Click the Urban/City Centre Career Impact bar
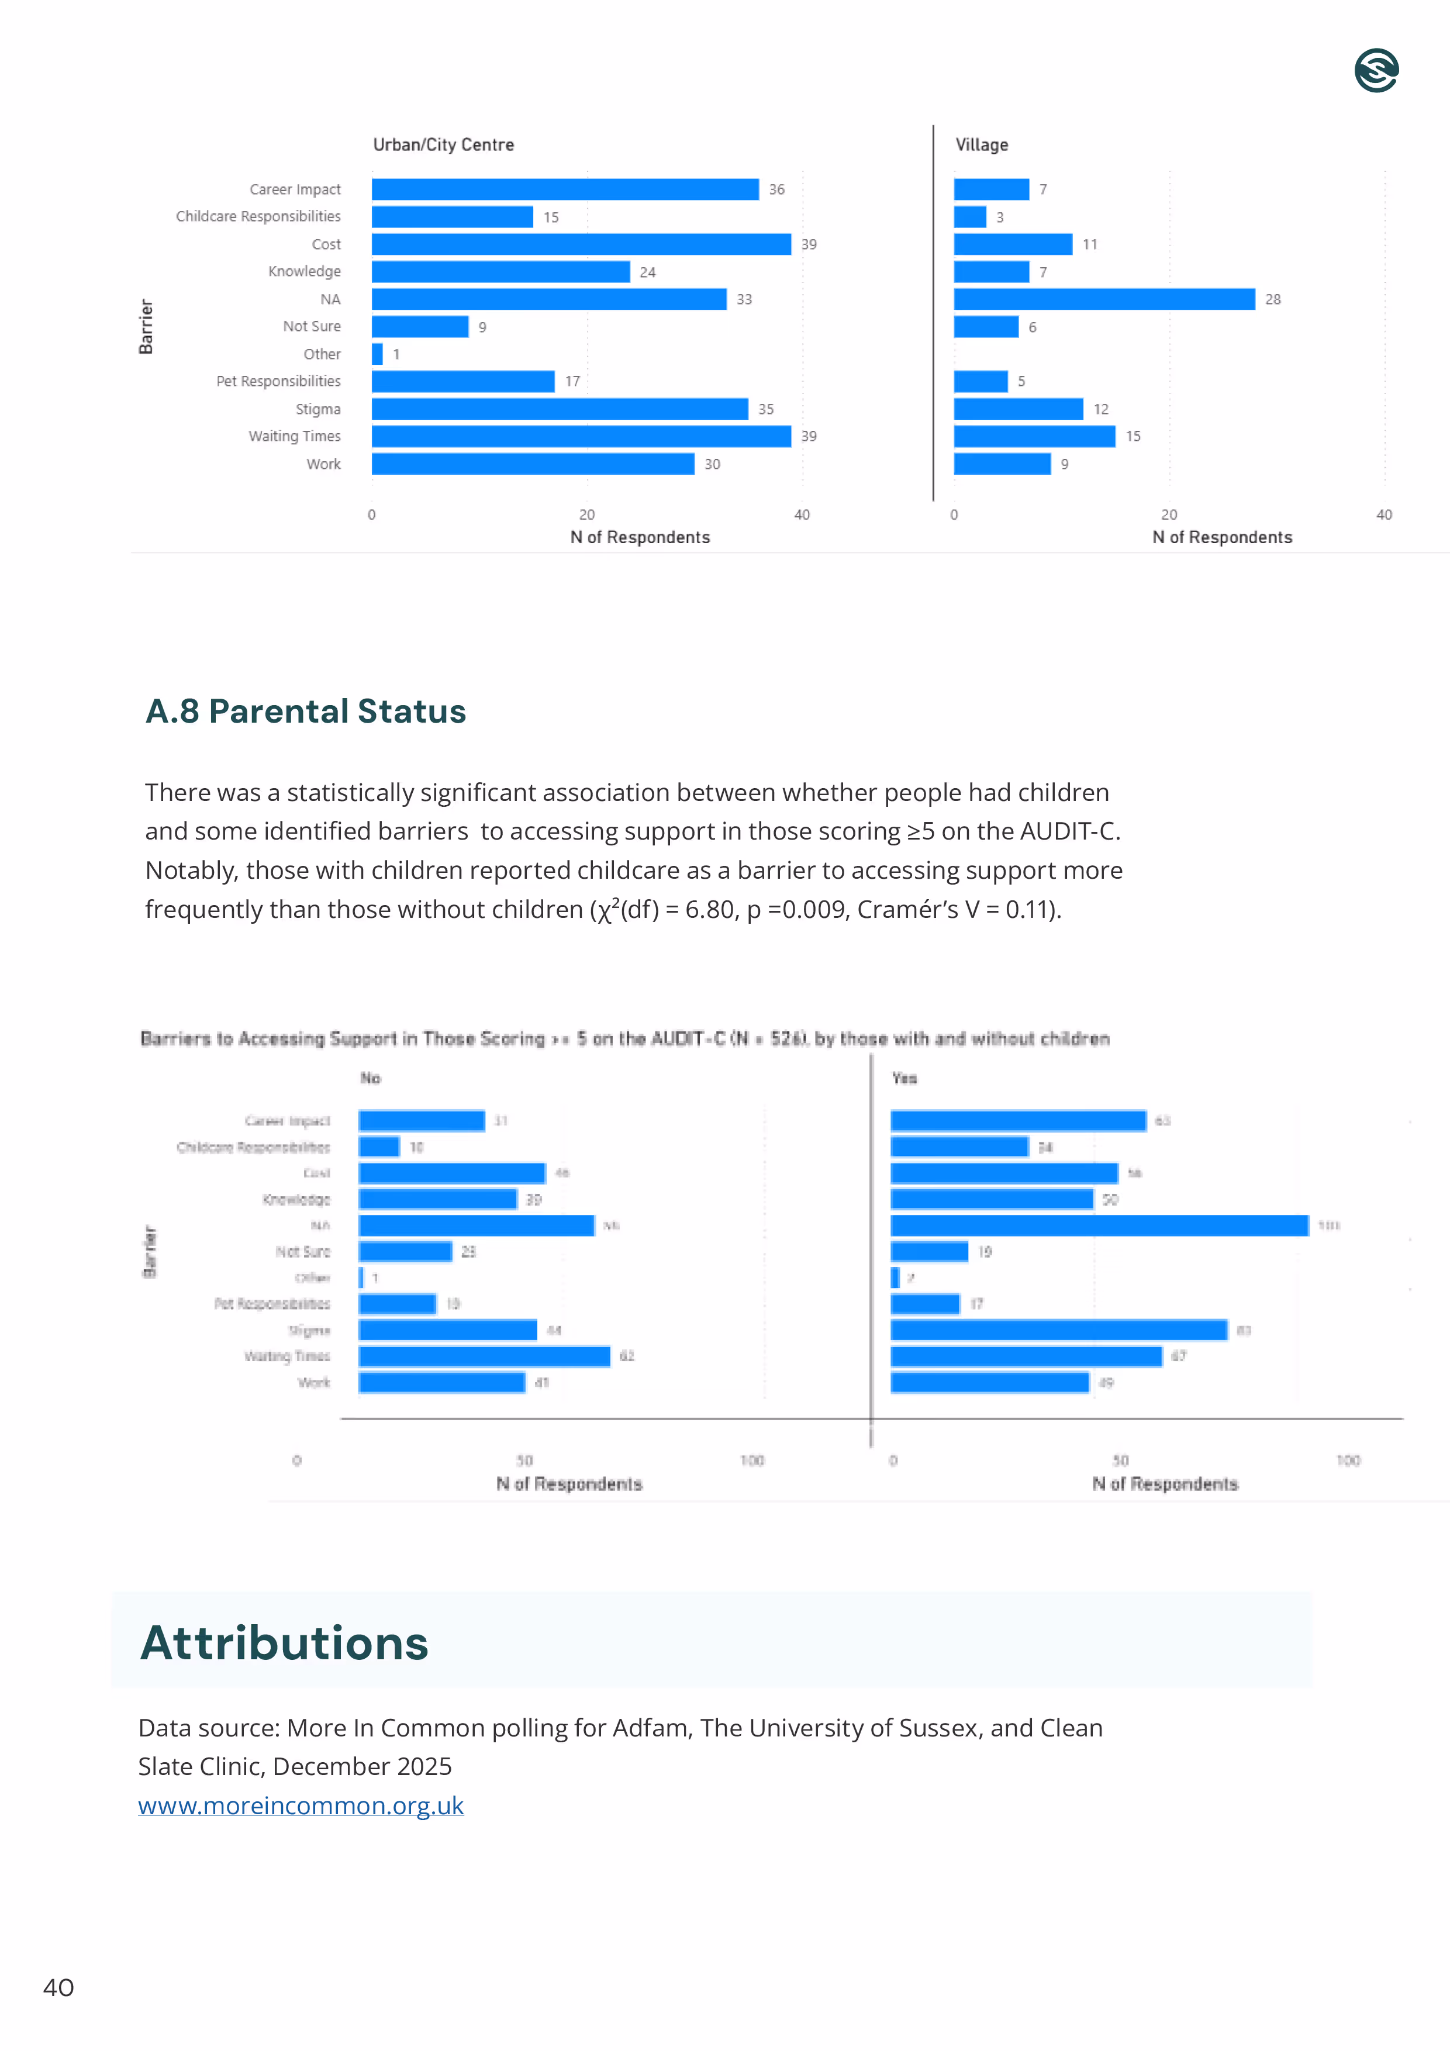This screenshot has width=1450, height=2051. [565, 189]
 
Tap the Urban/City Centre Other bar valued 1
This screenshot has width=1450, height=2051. [377, 354]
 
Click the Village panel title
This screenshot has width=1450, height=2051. [981, 145]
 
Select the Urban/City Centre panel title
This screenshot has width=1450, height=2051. [443, 145]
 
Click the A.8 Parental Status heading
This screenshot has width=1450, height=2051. [306, 711]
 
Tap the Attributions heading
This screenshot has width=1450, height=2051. [284, 1643]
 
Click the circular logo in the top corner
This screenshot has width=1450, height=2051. [1376, 71]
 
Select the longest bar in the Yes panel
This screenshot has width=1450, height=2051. [1099, 1225]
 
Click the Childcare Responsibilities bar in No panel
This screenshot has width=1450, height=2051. [379, 1147]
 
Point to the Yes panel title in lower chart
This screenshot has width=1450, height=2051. [904, 1078]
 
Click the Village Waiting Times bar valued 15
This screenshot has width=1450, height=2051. [1034, 436]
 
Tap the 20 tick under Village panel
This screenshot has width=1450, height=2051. [1169, 515]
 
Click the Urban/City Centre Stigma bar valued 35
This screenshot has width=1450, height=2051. [560, 409]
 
